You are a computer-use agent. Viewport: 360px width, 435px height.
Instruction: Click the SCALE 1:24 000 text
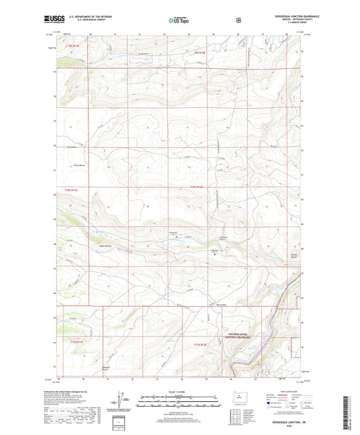pos(179,392)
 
